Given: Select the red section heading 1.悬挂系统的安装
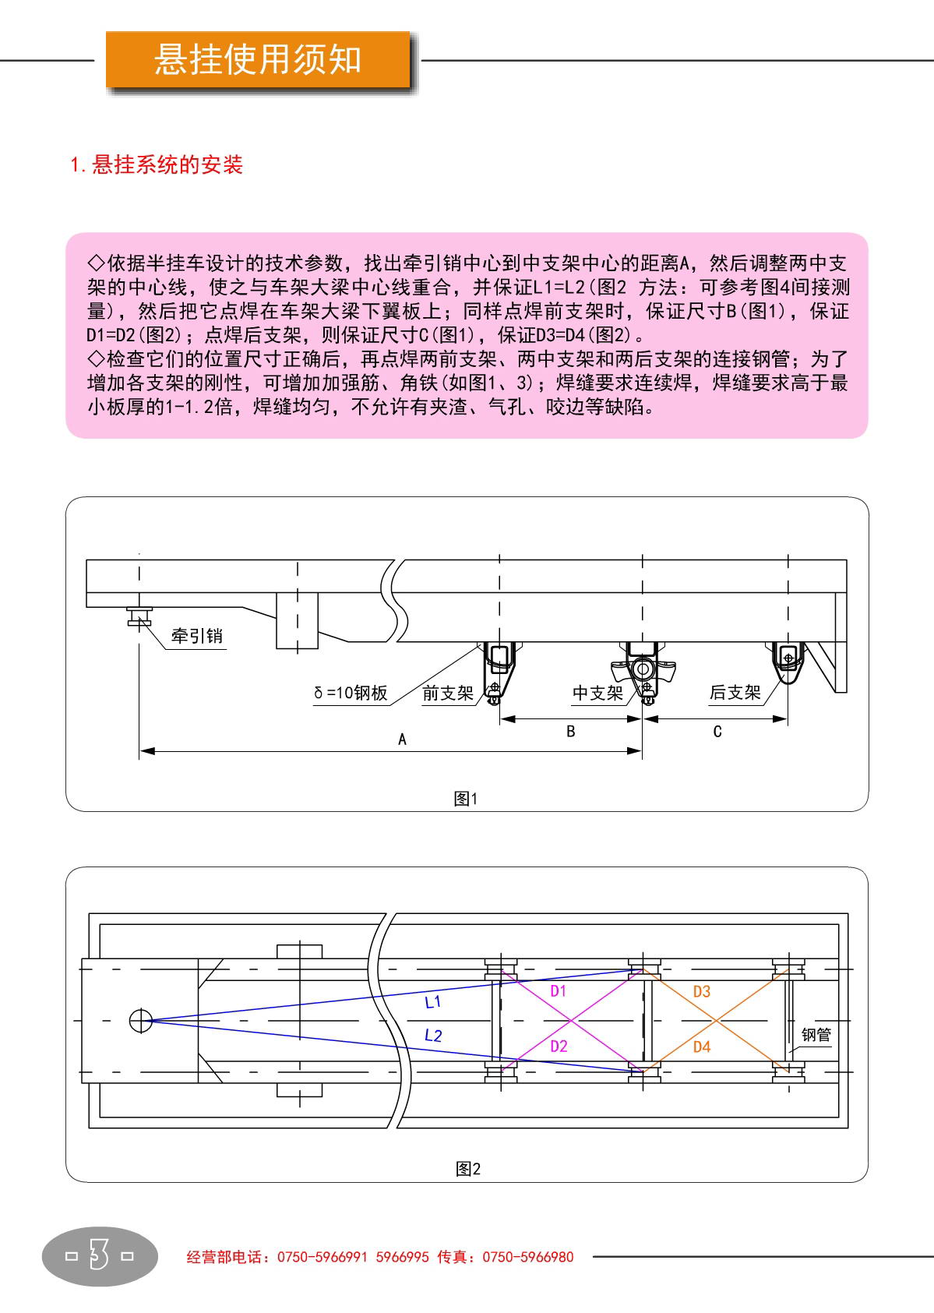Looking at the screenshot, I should click(157, 164).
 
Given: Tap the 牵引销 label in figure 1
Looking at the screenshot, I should click(197, 636).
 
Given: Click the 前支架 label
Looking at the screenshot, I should click(448, 693).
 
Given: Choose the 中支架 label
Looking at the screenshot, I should click(597, 693).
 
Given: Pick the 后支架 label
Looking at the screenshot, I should click(735, 692).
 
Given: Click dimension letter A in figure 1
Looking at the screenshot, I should click(402, 739).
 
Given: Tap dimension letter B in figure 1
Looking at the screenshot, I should click(570, 731).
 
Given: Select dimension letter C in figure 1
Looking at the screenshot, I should click(717, 731).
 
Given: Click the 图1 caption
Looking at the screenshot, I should click(466, 799).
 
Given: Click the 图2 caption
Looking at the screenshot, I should click(468, 1169).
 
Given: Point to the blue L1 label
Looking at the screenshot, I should click(433, 1002).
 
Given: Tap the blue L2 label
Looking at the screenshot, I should click(433, 1036).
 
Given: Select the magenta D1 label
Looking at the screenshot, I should click(558, 991).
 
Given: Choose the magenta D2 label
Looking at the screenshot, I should click(559, 1046).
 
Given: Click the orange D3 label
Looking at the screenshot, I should click(702, 991).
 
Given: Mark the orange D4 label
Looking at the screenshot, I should click(702, 1047).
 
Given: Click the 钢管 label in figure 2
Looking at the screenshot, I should click(816, 1035).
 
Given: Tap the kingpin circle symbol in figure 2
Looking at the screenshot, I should click(141, 1020).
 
